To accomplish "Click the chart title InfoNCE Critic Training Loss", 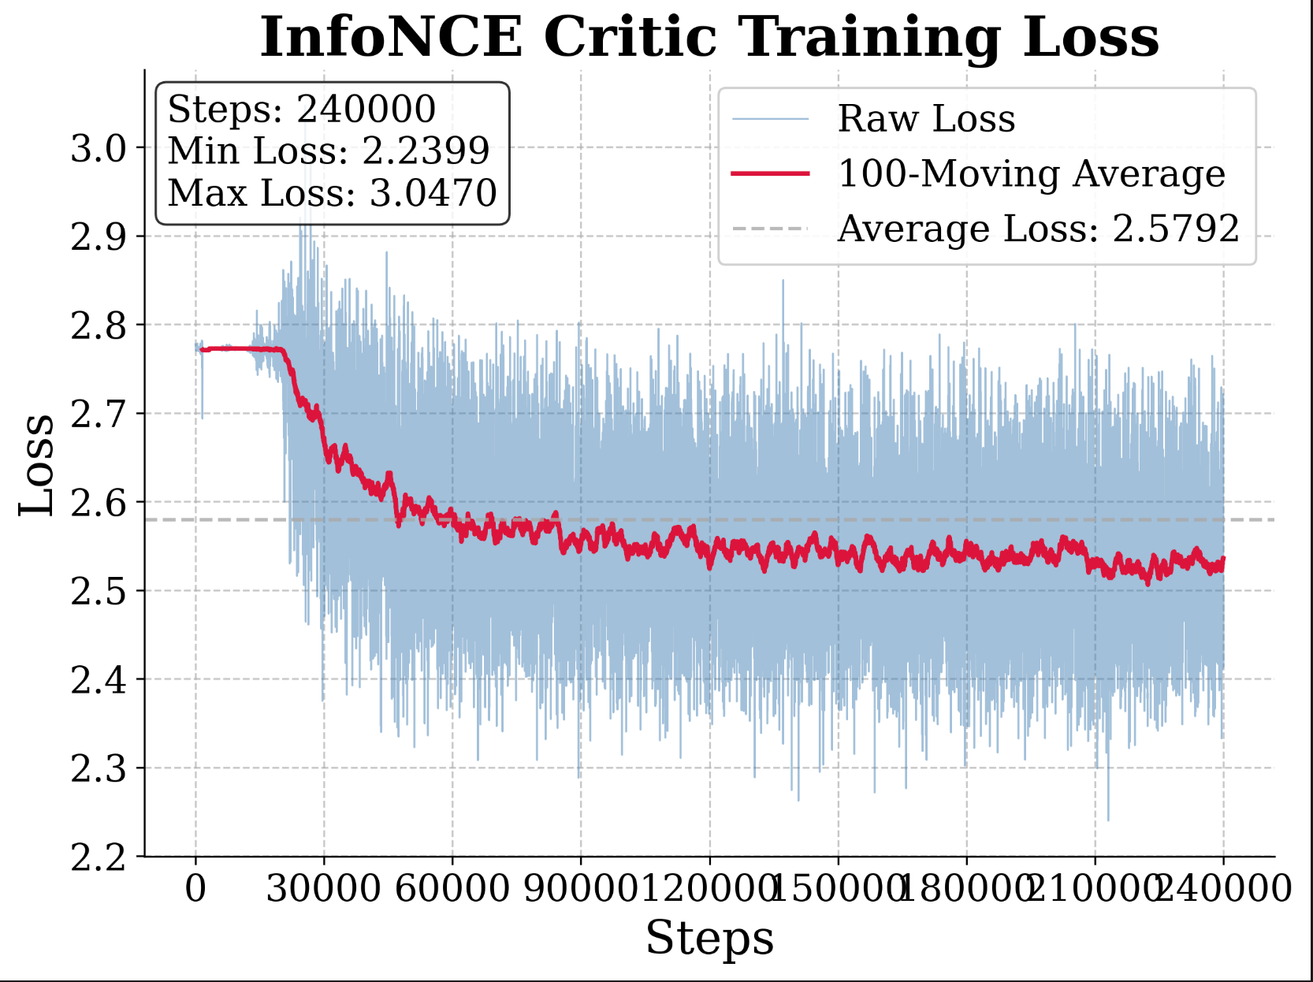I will tap(709, 38).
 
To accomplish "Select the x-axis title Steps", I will tap(709, 938).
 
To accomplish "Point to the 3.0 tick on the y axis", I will tap(99, 148).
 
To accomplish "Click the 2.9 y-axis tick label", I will tap(99, 236).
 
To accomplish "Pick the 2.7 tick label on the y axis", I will tap(99, 414).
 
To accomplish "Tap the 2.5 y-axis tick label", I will tap(99, 591).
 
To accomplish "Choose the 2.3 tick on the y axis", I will tap(99, 768).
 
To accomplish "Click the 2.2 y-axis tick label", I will tap(99, 857).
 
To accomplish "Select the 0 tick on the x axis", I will tap(195, 888).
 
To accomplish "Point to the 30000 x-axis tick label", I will tap(323, 888).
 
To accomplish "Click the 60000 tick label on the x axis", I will tap(452, 888).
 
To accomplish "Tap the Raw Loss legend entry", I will tap(926, 119).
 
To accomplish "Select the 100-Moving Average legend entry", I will tap(1031, 173).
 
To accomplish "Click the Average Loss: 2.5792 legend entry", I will tap(1038, 229).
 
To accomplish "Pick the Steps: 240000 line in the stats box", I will tap(301, 109).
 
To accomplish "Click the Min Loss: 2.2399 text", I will tap(328, 151).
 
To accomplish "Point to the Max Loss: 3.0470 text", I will tap(332, 193).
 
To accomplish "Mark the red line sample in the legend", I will tap(770, 173).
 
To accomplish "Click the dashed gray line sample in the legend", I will tap(770, 229).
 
